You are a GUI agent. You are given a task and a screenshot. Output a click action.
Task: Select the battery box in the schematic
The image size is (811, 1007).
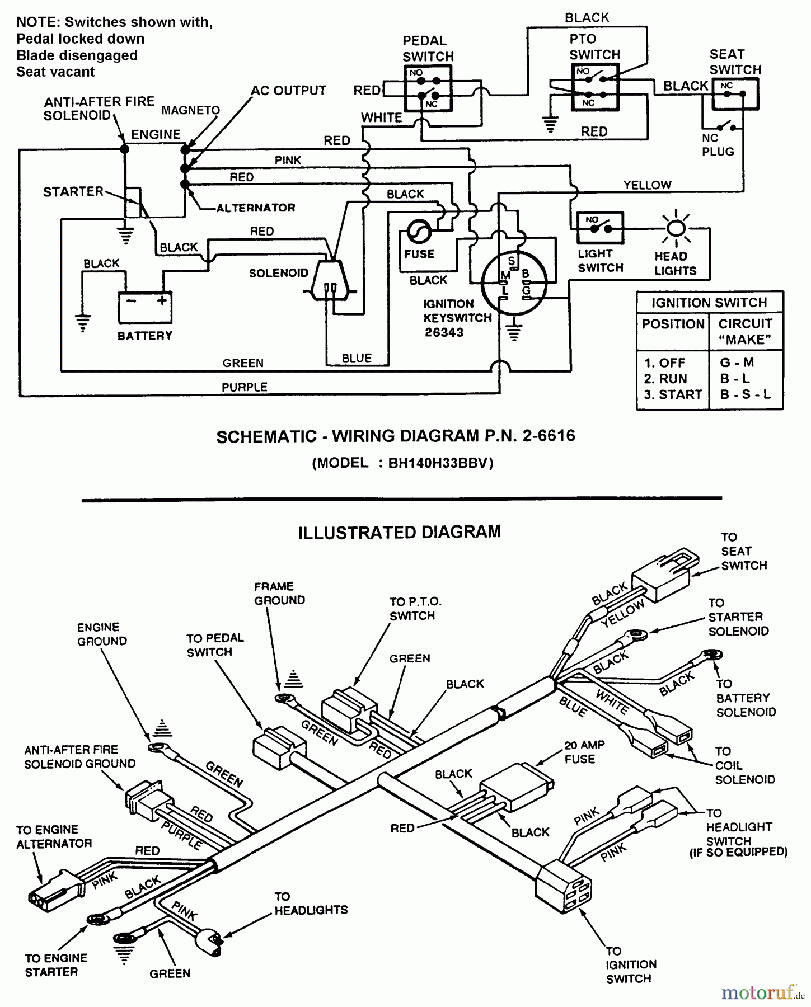coord(145,307)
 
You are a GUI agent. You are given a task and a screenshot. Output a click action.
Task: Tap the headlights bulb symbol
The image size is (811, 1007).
coord(676,228)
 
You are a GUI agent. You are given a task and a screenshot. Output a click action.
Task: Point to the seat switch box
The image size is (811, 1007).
coord(734,94)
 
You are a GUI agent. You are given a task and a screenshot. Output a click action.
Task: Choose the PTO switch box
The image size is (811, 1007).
coord(594,87)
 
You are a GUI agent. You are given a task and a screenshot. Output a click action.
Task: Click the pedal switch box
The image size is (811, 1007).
coord(428,88)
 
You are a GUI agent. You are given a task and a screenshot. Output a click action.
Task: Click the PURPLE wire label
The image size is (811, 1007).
coord(245,387)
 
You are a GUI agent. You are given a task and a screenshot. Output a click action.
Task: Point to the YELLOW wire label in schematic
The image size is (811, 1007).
coord(647,185)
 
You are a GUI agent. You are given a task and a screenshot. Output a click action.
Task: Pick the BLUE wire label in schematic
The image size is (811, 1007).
coord(357,358)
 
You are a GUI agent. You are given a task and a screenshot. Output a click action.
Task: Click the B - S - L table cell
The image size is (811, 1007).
coord(745,394)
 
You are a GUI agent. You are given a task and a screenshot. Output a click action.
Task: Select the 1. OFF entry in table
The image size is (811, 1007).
coord(664,363)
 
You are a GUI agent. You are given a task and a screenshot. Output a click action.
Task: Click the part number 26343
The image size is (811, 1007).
coord(444,332)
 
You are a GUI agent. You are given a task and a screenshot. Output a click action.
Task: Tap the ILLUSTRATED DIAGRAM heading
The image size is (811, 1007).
coord(399,532)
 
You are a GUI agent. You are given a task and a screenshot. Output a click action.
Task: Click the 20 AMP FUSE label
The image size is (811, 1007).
coord(584,752)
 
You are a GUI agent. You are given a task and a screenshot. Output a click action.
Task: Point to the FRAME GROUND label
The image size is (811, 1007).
coord(279,594)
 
